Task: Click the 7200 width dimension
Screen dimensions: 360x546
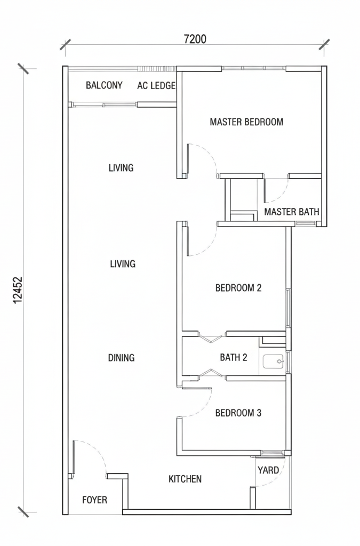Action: [x=195, y=39]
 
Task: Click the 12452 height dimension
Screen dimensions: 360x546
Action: [x=18, y=290]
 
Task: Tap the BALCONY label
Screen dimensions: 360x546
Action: [x=104, y=85]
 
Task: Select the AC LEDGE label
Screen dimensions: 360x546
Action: [x=156, y=85]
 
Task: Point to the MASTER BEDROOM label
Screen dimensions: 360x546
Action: [x=246, y=122]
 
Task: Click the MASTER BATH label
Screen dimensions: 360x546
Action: [x=292, y=212]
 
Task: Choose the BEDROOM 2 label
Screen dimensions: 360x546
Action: [x=238, y=288]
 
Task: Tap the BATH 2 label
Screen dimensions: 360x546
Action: [x=234, y=357]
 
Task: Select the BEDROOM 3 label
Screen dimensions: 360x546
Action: [x=238, y=413]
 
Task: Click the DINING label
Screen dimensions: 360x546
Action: [x=121, y=358]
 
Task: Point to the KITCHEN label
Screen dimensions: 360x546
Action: [x=185, y=479]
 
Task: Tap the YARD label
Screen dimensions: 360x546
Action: [x=268, y=470]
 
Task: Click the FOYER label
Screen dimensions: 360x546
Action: [x=95, y=500]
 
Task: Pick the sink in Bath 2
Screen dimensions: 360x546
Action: [x=274, y=362]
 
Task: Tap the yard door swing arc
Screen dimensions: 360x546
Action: [x=277, y=477]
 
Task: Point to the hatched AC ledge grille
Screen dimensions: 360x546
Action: [x=157, y=69]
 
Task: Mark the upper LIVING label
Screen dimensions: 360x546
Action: [x=121, y=168]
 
